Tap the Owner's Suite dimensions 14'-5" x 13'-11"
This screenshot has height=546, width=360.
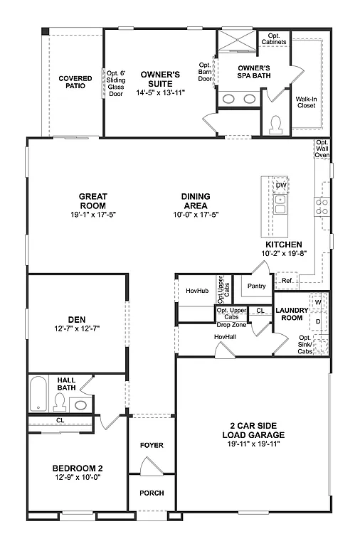click(x=160, y=92)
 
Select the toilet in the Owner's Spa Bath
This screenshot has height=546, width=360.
click(x=275, y=124)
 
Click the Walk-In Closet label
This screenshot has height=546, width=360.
click(x=305, y=102)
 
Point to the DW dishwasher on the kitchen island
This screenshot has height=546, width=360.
click(x=281, y=185)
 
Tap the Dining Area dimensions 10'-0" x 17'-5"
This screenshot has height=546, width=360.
click(x=195, y=215)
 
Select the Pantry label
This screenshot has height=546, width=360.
click(x=256, y=287)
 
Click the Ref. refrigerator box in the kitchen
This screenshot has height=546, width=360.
click(x=287, y=281)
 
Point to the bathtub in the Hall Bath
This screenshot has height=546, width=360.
click(x=38, y=394)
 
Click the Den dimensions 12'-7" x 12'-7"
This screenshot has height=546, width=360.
click(x=78, y=328)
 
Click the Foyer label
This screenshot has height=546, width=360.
click(x=152, y=445)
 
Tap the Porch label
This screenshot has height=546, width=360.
click(x=152, y=493)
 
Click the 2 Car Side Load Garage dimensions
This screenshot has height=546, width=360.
click(x=253, y=444)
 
